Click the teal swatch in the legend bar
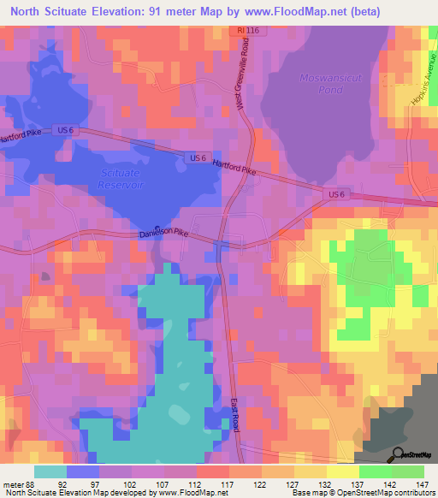(50, 471)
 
